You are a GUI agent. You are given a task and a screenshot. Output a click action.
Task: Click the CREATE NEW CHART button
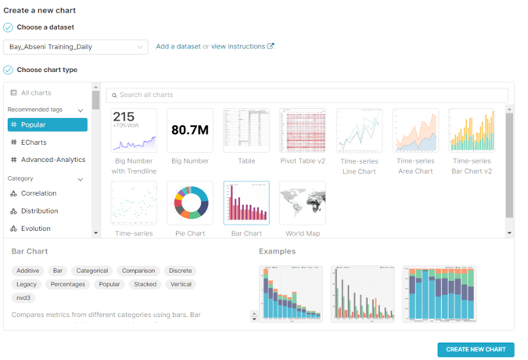pos(476,349)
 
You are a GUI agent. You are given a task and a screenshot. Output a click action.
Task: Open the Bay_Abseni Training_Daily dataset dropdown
pos(75,47)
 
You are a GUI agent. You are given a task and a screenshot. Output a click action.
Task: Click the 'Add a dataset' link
pos(178,47)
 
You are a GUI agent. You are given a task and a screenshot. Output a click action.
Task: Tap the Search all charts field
pos(307,95)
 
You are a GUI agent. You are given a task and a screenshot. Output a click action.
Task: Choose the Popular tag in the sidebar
pos(47,124)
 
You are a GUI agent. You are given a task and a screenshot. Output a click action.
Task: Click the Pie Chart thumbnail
pos(190,203)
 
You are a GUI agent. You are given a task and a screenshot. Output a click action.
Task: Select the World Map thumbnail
pos(303,203)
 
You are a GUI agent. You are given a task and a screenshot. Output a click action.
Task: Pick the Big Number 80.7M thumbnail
pos(190,130)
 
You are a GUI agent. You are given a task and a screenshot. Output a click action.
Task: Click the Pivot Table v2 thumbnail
pos(303,130)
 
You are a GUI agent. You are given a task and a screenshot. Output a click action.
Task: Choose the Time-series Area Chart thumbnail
pos(415,130)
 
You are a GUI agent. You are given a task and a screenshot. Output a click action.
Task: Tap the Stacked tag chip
pos(145,284)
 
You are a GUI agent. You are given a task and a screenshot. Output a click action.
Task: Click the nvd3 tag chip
pos(23,298)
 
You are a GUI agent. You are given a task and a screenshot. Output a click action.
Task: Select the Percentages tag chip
pos(67,284)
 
